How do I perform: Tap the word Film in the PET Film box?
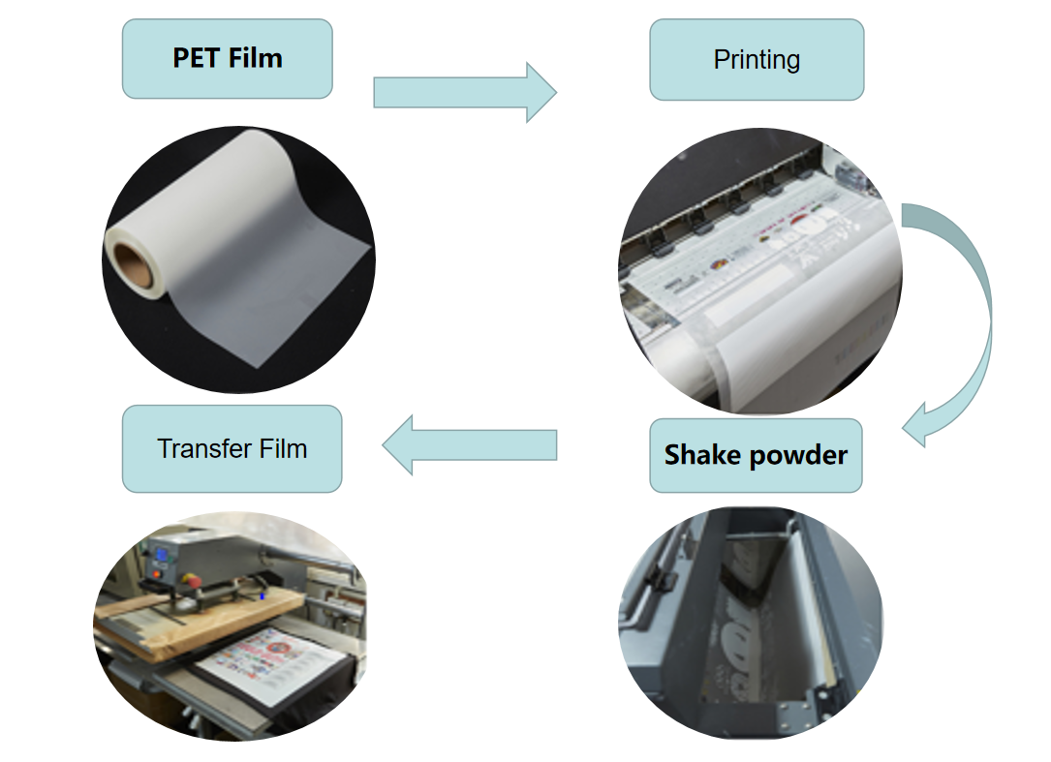click(257, 58)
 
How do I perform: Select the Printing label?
click(757, 60)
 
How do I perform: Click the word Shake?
click(702, 455)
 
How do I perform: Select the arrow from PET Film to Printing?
click(465, 92)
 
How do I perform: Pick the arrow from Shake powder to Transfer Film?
click(469, 445)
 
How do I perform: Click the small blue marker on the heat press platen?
click(262, 596)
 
